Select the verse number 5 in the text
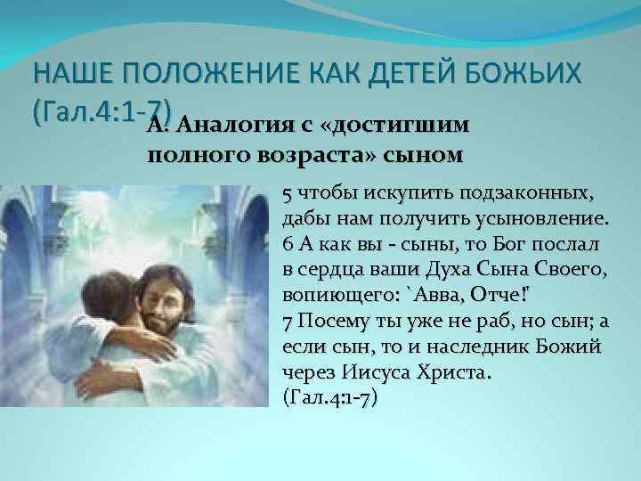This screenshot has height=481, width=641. coord(285,194)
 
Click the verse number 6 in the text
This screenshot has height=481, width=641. coord(285,244)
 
